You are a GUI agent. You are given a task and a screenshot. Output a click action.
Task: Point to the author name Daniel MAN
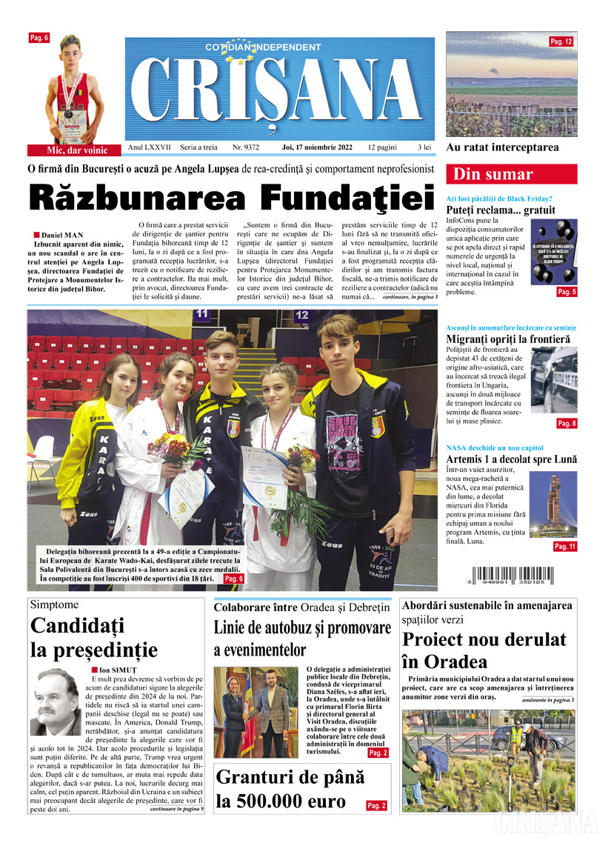[x=62, y=235]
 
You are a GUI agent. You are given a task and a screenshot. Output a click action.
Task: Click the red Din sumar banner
[x=511, y=175]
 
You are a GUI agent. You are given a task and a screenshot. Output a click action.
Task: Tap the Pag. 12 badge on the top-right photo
[x=561, y=42]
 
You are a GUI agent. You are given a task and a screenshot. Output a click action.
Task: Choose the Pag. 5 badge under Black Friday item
[x=567, y=293]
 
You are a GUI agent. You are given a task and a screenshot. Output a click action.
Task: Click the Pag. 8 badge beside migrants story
[x=567, y=423]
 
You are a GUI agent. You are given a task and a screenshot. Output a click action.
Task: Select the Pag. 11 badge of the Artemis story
[x=565, y=546]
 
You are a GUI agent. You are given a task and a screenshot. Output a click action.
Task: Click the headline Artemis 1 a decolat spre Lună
[x=511, y=459]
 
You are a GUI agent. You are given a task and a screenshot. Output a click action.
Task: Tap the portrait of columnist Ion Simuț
[x=57, y=700]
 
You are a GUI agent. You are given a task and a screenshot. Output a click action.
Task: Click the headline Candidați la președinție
[x=94, y=638]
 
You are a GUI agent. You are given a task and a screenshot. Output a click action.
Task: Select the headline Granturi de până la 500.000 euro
[x=290, y=789]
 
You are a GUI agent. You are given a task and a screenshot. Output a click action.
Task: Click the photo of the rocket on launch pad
[x=551, y=504]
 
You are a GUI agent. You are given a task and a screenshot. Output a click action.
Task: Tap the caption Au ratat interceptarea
[x=502, y=147]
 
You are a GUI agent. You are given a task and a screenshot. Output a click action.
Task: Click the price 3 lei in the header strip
[x=424, y=147]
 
